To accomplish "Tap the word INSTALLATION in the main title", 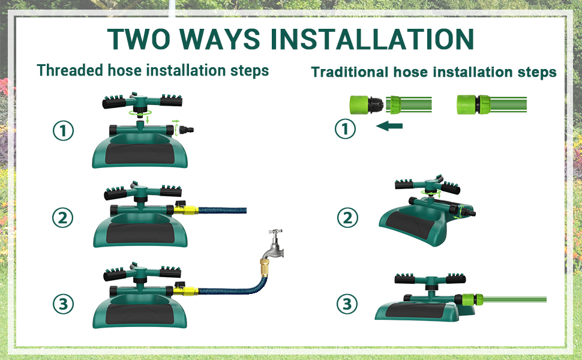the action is pyautogui.click(x=372, y=38).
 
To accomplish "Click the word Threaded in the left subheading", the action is pyautogui.click(x=70, y=70).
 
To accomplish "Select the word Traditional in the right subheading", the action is pyautogui.click(x=349, y=73).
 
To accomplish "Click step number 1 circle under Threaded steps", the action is pyautogui.click(x=63, y=131).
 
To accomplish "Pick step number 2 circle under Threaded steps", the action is pyautogui.click(x=63, y=218).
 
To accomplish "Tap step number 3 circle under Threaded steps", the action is pyautogui.click(x=63, y=304).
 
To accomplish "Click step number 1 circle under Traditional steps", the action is pyautogui.click(x=346, y=128).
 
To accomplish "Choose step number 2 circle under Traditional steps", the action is pyautogui.click(x=346, y=218).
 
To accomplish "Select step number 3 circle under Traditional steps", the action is pyautogui.click(x=346, y=304).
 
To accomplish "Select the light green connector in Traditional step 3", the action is pyautogui.click(x=472, y=298).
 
